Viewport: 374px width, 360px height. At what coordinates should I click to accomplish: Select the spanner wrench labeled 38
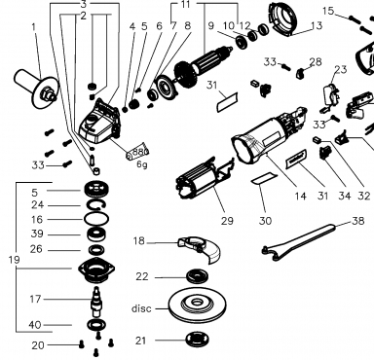coord(299,241)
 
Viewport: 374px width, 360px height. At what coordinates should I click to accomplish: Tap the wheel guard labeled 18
coord(202,249)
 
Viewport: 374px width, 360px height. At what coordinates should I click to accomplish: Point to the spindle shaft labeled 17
coord(96,302)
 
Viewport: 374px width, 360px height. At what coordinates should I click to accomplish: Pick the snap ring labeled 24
coord(96,205)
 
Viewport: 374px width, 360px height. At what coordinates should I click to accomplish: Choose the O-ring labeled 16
coord(96,219)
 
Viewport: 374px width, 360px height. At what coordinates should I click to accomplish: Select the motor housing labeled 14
coord(269,135)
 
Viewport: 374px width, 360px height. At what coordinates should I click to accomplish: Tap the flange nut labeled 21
coord(198,340)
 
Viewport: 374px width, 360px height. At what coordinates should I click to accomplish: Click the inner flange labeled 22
coord(198,276)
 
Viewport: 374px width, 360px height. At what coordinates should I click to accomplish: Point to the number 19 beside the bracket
coord(13,260)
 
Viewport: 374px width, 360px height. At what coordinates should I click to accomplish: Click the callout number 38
coord(357,221)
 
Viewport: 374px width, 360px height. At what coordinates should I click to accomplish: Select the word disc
coord(141,308)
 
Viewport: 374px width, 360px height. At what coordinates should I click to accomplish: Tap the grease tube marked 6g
coord(137,152)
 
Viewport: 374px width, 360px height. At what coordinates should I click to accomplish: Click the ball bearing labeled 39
coord(96,234)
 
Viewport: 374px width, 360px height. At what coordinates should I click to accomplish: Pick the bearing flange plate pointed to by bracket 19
coord(96,270)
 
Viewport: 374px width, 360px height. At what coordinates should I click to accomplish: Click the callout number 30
coord(265,221)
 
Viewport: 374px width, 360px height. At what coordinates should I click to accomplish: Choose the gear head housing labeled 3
coord(99,122)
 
